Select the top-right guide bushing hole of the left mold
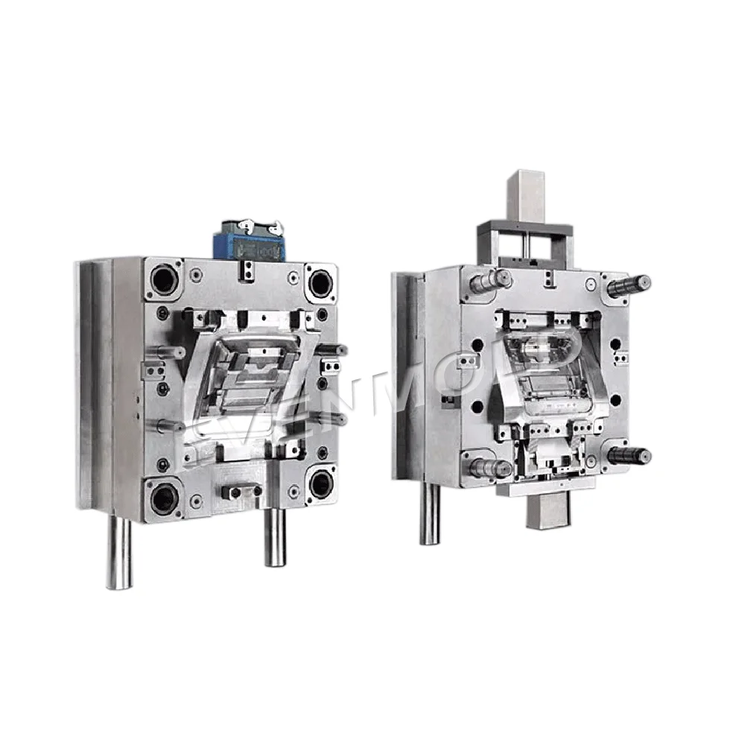[x=320, y=282]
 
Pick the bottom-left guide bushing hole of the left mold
[x=163, y=497]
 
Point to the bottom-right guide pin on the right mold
[x=630, y=456]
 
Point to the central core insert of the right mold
[x=540, y=365]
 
